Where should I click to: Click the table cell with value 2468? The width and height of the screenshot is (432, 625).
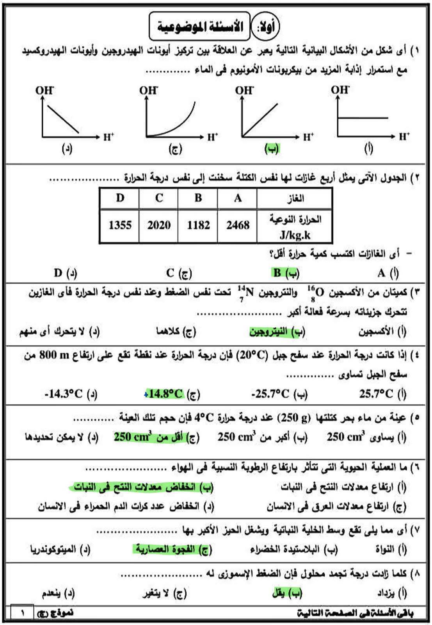[237, 225]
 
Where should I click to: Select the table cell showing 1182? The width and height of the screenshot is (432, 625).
[198, 225]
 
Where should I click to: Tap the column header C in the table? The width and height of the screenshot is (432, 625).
[159, 198]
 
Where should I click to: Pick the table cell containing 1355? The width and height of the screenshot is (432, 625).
[120, 225]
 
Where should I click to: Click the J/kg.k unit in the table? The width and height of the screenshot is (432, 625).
[295, 235]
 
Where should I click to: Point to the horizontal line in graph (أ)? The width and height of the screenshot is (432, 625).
[363, 118]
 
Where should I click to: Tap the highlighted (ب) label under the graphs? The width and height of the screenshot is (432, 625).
[272, 148]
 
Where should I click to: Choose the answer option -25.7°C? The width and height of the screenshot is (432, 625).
[270, 394]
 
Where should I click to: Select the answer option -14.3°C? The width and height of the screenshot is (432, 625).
[63, 394]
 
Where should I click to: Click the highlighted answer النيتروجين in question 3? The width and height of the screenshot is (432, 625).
[269, 332]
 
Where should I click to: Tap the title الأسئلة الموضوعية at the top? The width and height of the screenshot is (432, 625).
[199, 27]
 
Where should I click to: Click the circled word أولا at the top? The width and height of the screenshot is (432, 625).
[266, 27]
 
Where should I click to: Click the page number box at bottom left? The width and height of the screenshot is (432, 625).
[22, 612]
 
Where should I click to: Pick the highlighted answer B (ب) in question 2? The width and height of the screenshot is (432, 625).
[285, 273]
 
